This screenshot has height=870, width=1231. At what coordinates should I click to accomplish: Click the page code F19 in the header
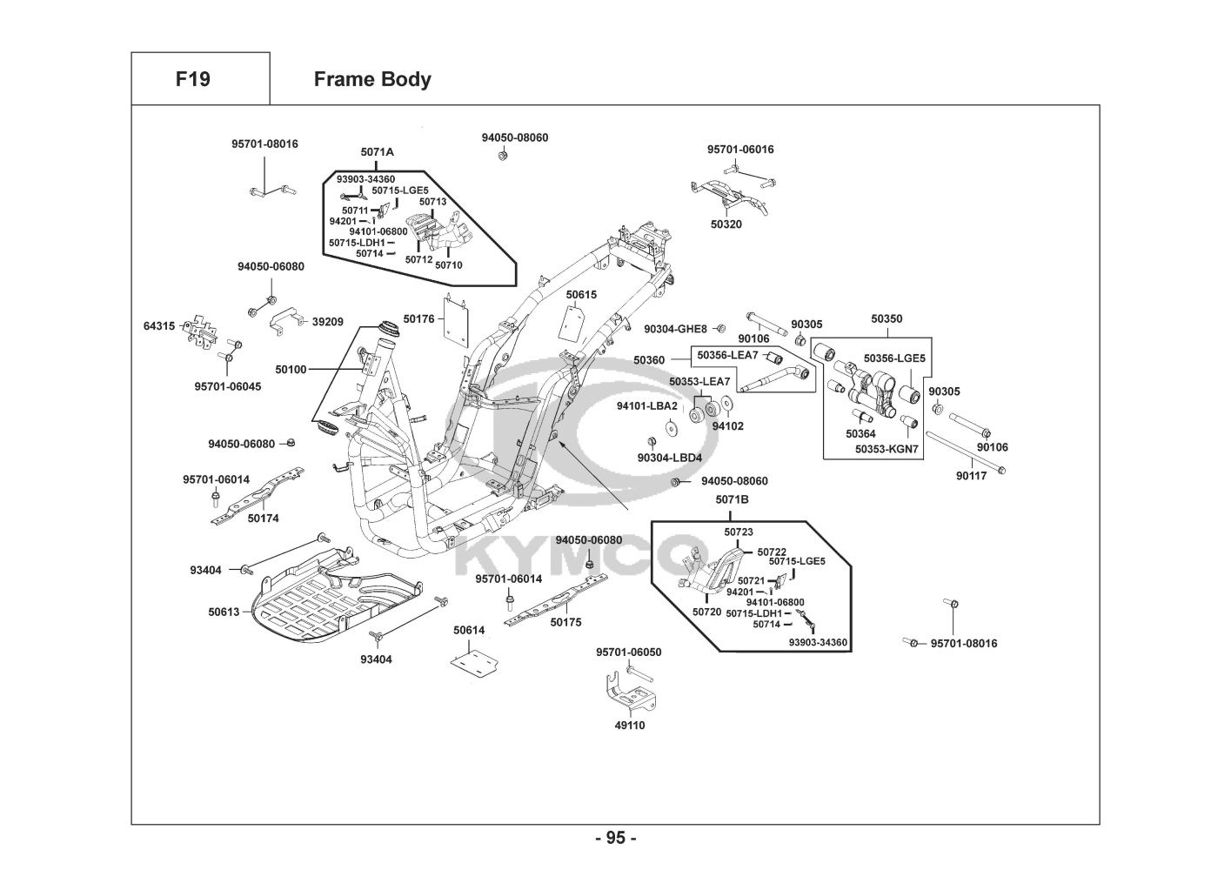tap(192, 79)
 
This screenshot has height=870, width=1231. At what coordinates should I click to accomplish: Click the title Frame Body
tap(371, 79)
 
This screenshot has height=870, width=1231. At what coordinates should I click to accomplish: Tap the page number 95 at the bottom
tap(615, 838)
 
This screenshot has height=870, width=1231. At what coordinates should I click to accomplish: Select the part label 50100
tap(291, 370)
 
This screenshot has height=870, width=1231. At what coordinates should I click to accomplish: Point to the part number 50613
tap(224, 612)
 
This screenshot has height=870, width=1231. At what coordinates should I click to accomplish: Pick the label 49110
tap(630, 725)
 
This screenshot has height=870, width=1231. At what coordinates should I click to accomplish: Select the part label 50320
tap(726, 224)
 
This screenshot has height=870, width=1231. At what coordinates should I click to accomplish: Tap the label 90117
tap(971, 476)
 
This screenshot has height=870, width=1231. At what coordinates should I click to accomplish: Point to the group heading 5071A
tap(378, 152)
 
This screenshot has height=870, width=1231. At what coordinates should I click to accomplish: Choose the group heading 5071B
tap(732, 499)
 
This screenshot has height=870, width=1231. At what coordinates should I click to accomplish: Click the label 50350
tap(886, 319)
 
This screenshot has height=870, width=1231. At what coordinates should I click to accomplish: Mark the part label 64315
tap(159, 326)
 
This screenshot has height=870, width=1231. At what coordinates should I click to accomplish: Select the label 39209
tap(327, 322)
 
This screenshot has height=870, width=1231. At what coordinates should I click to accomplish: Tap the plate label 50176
tap(418, 320)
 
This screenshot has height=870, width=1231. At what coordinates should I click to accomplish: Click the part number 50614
tap(469, 630)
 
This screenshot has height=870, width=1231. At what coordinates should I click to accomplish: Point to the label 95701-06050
tap(628, 652)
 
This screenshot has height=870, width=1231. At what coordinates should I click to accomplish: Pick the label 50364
tap(860, 433)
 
